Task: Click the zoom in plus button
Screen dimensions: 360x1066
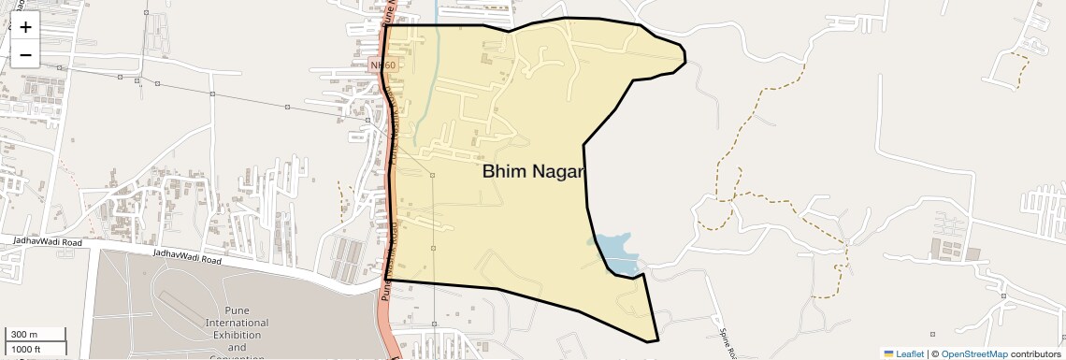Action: click(25, 27)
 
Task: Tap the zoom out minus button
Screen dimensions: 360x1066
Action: click(25, 55)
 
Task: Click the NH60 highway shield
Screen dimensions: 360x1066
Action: click(382, 65)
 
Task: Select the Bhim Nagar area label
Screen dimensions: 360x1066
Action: click(532, 172)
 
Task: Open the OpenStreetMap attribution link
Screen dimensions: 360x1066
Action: click(973, 353)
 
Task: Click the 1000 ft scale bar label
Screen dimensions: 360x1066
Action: click(27, 349)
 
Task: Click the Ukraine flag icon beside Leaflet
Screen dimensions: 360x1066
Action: click(889, 353)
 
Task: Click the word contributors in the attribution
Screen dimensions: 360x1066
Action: click(1035, 353)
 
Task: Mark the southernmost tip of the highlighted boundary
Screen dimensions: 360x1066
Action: click(658, 340)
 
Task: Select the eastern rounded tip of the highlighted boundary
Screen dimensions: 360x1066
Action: click(685, 58)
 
